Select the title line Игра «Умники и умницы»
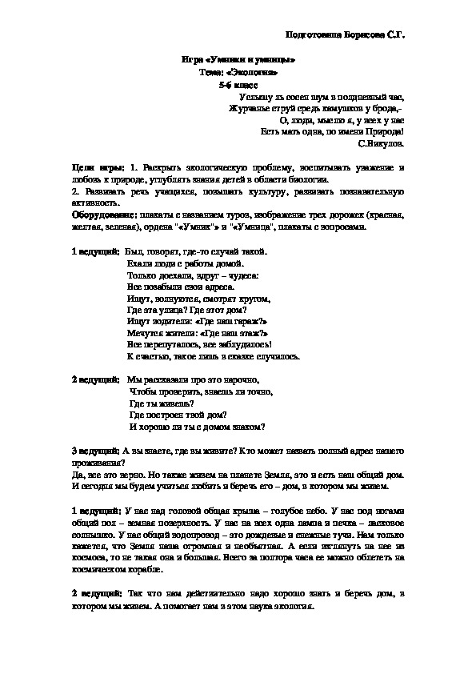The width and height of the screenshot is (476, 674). [238, 60]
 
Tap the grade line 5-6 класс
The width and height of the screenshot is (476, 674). [238, 83]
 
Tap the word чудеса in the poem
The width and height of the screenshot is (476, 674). [240, 275]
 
